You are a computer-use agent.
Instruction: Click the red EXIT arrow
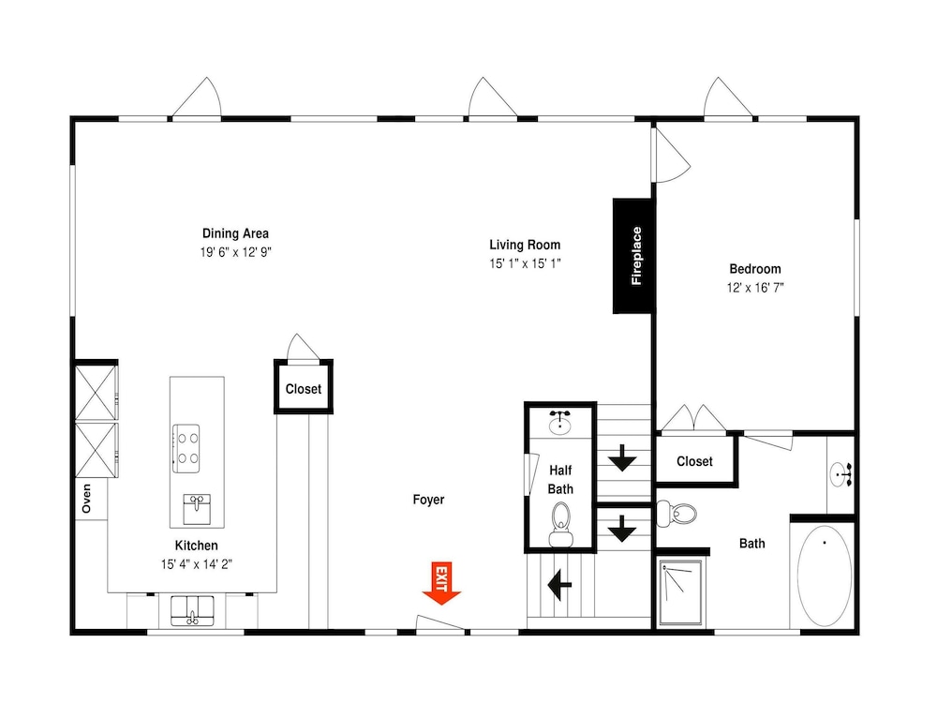pyautogui.click(x=441, y=583)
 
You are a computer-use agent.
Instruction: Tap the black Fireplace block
pyautogui.click(x=633, y=256)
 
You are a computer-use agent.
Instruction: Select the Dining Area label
pyautogui.click(x=235, y=233)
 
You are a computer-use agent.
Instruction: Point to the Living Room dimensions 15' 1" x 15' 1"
pyautogui.click(x=525, y=263)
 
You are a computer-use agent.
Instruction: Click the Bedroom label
pyautogui.click(x=754, y=268)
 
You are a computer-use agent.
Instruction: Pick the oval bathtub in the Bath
pyautogui.click(x=824, y=576)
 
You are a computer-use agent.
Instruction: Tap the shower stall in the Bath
pyautogui.click(x=680, y=593)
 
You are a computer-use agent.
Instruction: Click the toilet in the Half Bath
pyautogui.click(x=560, y=524)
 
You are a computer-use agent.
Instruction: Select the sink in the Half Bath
pyautogui.click(x=559, y=422)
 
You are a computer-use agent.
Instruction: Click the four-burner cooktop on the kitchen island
pyautogui.click(x=186, y=448)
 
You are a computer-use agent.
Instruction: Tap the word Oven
pyautogui.click(x=86, y=499)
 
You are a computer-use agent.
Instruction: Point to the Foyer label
pyautogui.click(x=428, y=500)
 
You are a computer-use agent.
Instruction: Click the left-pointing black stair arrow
pyautogui.click(x=559, y=584)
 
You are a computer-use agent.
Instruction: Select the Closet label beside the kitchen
pyautogui.click(x=303, y=389)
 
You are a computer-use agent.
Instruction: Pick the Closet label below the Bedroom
pyautogui.click(x=694, y=461)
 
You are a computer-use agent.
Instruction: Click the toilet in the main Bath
pyautogui.click(x=677, y=514)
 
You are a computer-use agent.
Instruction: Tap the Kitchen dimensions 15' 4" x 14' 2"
pyautogui.click(x=196, y=563)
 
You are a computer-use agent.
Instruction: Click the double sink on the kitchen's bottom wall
pyautogui.click(x=192, y=610)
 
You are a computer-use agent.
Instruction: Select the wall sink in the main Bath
pyautogui.click(x=841, y=474)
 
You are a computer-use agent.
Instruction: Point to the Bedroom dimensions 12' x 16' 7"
pyautogui.click(x=754, y=288)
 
